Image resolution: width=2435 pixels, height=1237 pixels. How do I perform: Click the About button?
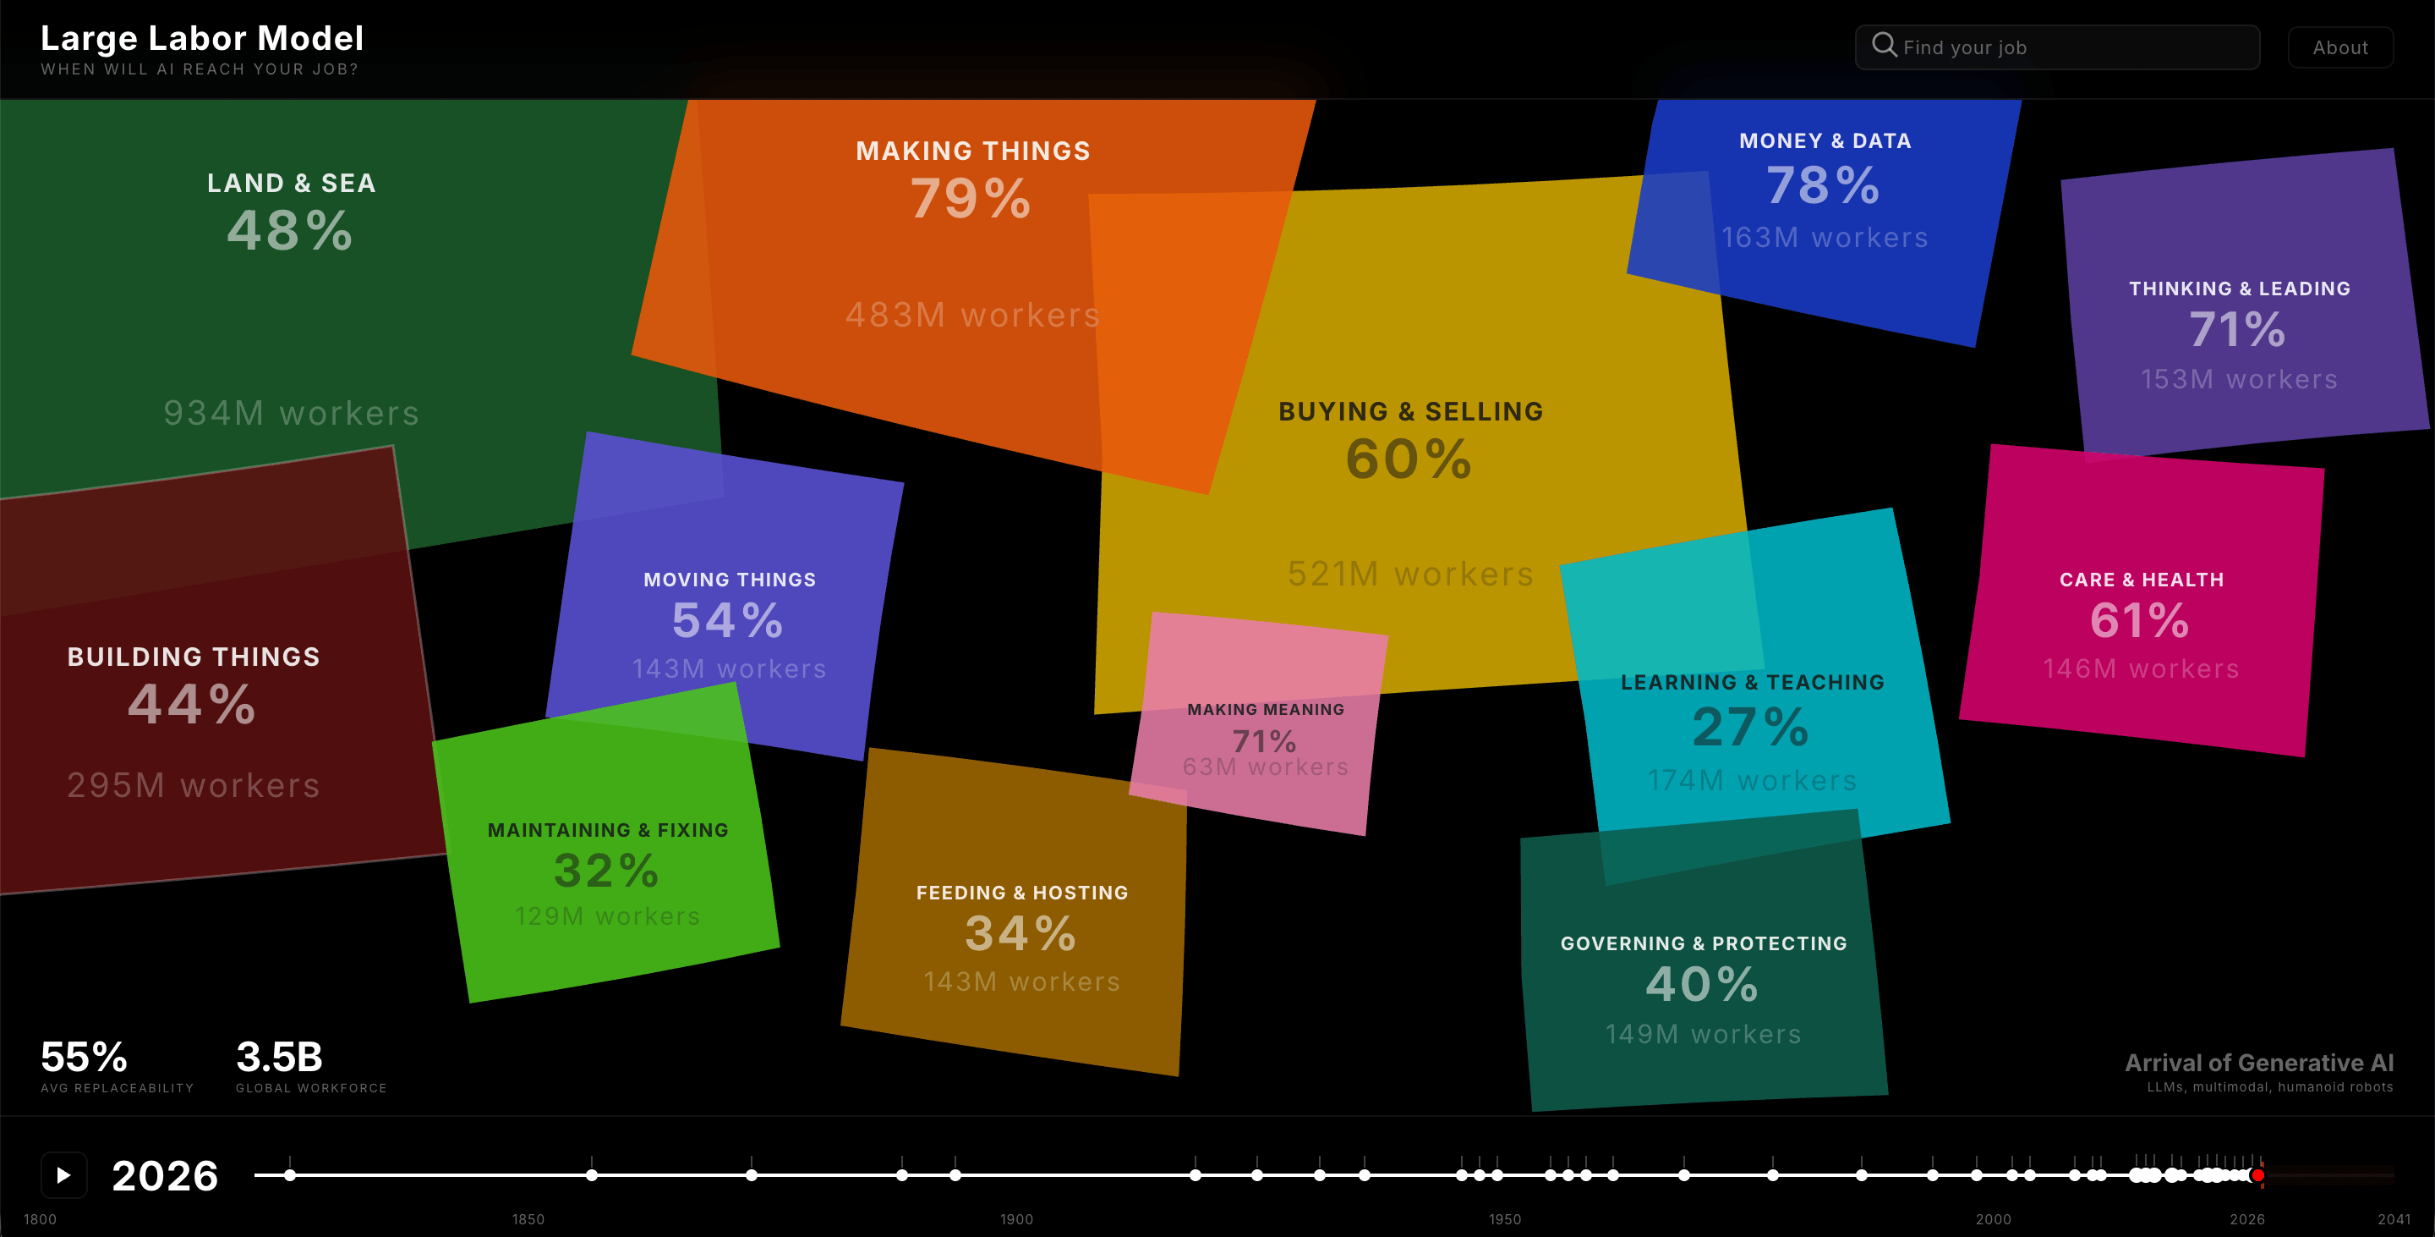click(x=2339, y=47)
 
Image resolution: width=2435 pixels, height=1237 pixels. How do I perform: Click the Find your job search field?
click(x=2057, y=47)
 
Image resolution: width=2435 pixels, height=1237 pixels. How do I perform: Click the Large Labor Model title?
click(x=202, y=38)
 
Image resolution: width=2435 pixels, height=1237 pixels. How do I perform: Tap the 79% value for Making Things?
click(x=971, y=199)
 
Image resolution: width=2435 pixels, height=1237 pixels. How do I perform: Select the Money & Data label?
click(x=1825, y=141)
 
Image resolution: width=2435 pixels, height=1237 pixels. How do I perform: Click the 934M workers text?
click(x=291, y=412)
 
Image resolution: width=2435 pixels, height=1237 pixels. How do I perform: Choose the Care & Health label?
click(x=2141, y=580)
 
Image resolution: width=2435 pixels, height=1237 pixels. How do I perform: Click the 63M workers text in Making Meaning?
click(x=1265, y=767)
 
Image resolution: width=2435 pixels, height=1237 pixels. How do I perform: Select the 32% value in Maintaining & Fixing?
click(x=606, y=870)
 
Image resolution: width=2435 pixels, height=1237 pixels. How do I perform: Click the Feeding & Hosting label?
click(x=1022, y=893)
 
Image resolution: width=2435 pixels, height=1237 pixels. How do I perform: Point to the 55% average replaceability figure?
click(x=85, y=1058)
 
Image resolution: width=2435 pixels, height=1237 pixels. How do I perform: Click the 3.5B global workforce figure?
click(x=279, y=1058)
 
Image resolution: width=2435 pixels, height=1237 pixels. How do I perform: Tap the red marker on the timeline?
click(x=2257, y=1175)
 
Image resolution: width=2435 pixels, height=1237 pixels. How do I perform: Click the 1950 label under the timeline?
click(x=1505, y=1219)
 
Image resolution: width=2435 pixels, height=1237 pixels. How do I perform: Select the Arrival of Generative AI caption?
click(x=2259, y=1063)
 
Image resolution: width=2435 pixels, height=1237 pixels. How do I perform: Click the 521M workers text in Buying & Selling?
click(x=1410, y=573)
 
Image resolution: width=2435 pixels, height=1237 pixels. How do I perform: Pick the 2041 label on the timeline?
click(x=2394, y=1219)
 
